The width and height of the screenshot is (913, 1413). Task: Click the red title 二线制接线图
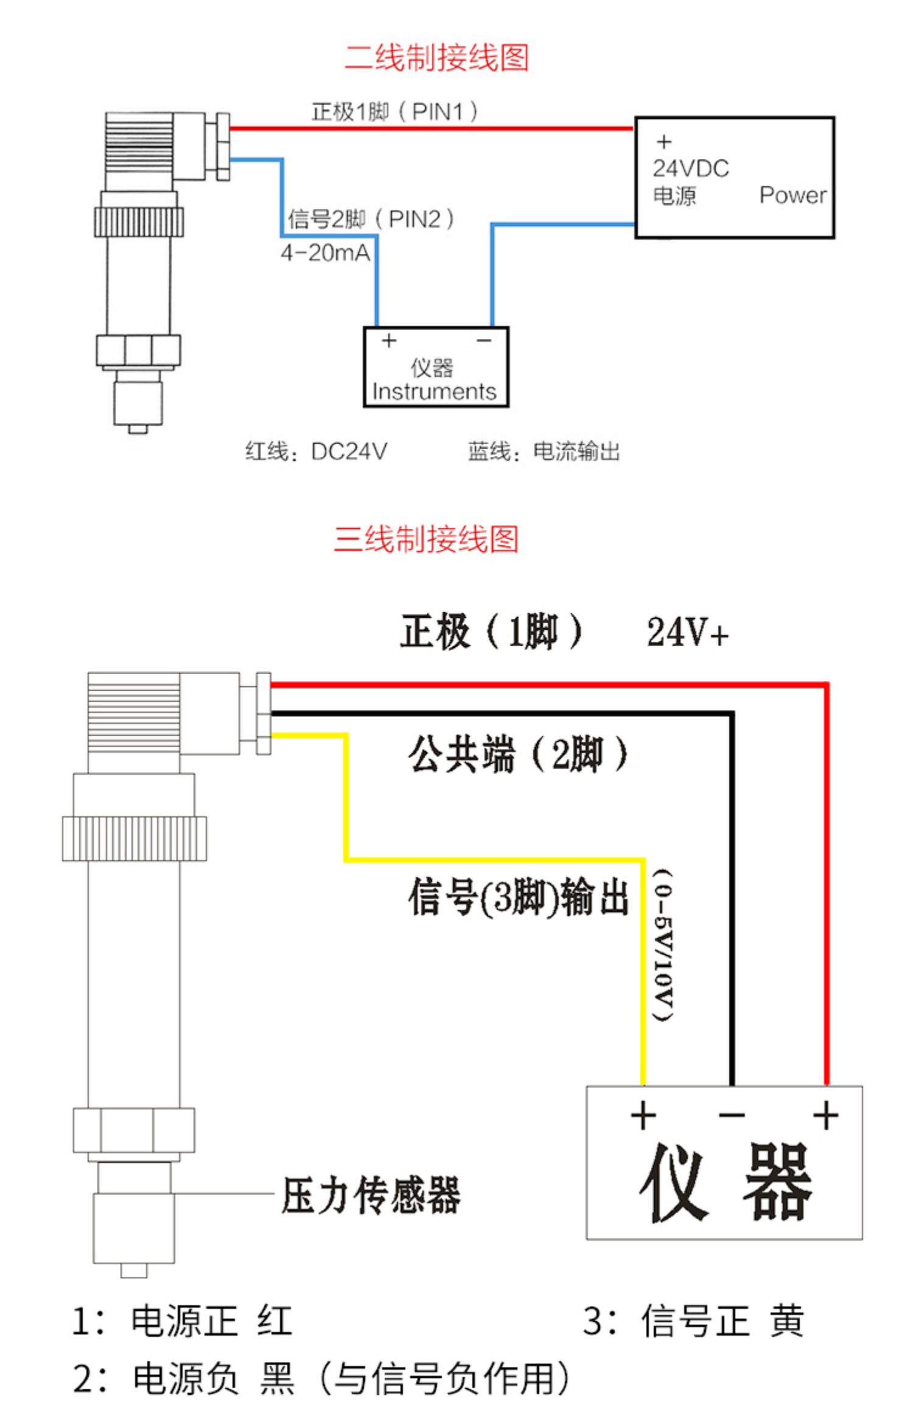[436, 58]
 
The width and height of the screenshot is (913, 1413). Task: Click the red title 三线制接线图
[426, 539]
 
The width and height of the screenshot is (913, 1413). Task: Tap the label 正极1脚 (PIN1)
[394, 111]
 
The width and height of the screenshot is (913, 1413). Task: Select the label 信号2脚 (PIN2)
[371, 218]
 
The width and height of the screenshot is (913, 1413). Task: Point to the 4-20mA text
[325, 253]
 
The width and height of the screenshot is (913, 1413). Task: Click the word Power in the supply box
[792, 195]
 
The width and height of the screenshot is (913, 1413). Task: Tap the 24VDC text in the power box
[691, 169]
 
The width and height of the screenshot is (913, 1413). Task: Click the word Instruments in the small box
[434, 391]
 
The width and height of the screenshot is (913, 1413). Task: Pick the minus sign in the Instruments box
[484, 341]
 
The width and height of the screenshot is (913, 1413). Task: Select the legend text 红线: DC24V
[316, 452]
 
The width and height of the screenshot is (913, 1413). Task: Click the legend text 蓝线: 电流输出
[544, 452]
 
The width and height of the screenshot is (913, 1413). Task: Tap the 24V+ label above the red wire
[687, 632]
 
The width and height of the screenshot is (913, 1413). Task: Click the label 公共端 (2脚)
[518, 755]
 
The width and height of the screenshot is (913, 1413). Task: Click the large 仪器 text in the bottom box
[725, 1183]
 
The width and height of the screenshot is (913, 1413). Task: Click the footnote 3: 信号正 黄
[693, 1321]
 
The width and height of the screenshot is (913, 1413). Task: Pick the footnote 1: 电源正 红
[182, 1321]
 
